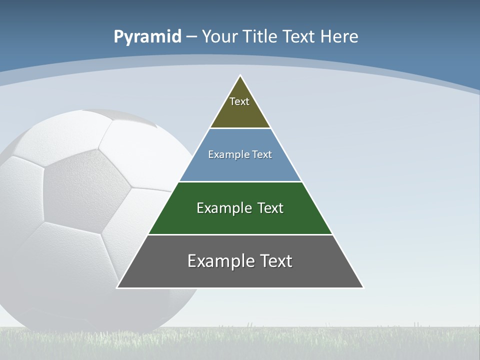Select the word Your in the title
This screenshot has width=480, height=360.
point(219,37)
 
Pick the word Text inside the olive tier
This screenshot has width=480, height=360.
point(239,101)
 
